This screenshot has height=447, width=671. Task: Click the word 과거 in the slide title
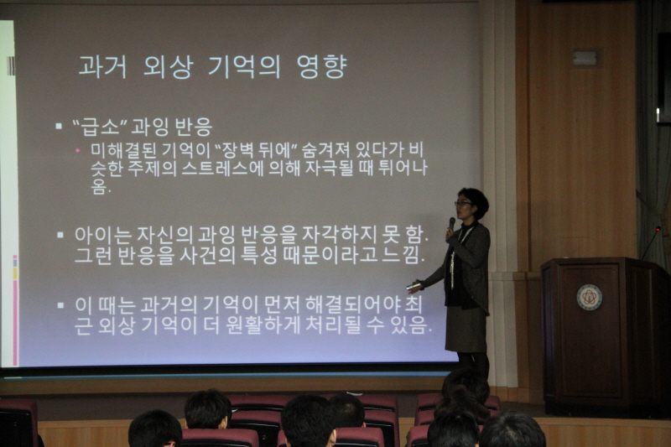click(102, 67)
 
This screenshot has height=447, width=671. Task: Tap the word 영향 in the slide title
click(321, 67)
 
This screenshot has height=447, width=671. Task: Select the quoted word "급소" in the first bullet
click(100, 126)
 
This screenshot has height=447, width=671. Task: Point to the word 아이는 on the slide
click(102, 235)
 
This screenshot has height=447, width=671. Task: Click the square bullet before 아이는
click(60, 235)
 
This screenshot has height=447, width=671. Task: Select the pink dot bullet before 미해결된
click(77, 150)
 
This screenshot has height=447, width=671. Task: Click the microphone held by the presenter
click(452, 223)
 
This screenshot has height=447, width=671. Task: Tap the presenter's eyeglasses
click(463, 204)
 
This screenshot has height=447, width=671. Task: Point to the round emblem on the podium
click(589, 297)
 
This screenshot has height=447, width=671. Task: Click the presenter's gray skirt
click(466, 329)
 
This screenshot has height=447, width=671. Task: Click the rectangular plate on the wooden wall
click(585, 58)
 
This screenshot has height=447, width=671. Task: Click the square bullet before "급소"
click(59, 126)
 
